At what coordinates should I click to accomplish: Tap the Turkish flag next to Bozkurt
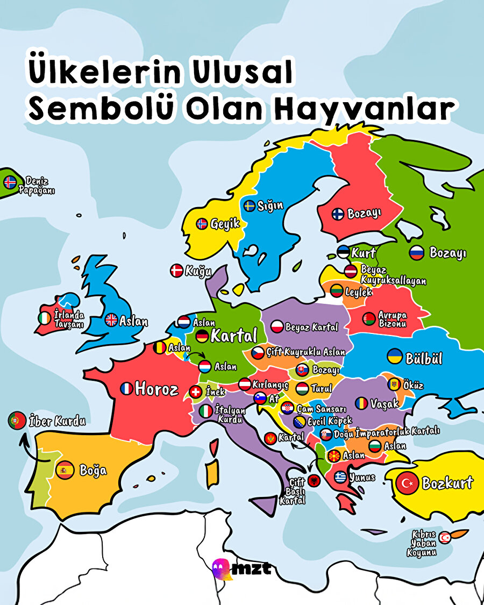coord(407,483)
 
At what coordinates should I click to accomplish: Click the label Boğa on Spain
coord(93,470)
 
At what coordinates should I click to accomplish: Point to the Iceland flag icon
coord(10,182)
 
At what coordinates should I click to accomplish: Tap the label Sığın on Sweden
coord(271,205)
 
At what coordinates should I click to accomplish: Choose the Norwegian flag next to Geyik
coord(202,224)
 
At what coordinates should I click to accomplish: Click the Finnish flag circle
coord(338,214)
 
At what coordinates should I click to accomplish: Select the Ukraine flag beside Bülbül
coord(395,357)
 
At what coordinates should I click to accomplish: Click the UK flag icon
coord(111,319)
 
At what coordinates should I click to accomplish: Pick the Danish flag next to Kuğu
coord(176,271)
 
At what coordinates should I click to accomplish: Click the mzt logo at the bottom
coord(241,568)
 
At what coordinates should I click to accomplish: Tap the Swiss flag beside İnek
coord(197,392)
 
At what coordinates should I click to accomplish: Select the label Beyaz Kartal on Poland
coord(311,327)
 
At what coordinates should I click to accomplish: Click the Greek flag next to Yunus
coord(340,476)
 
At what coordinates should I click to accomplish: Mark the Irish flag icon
coord(45,318)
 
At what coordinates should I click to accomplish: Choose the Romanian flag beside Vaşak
coord(361,403)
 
